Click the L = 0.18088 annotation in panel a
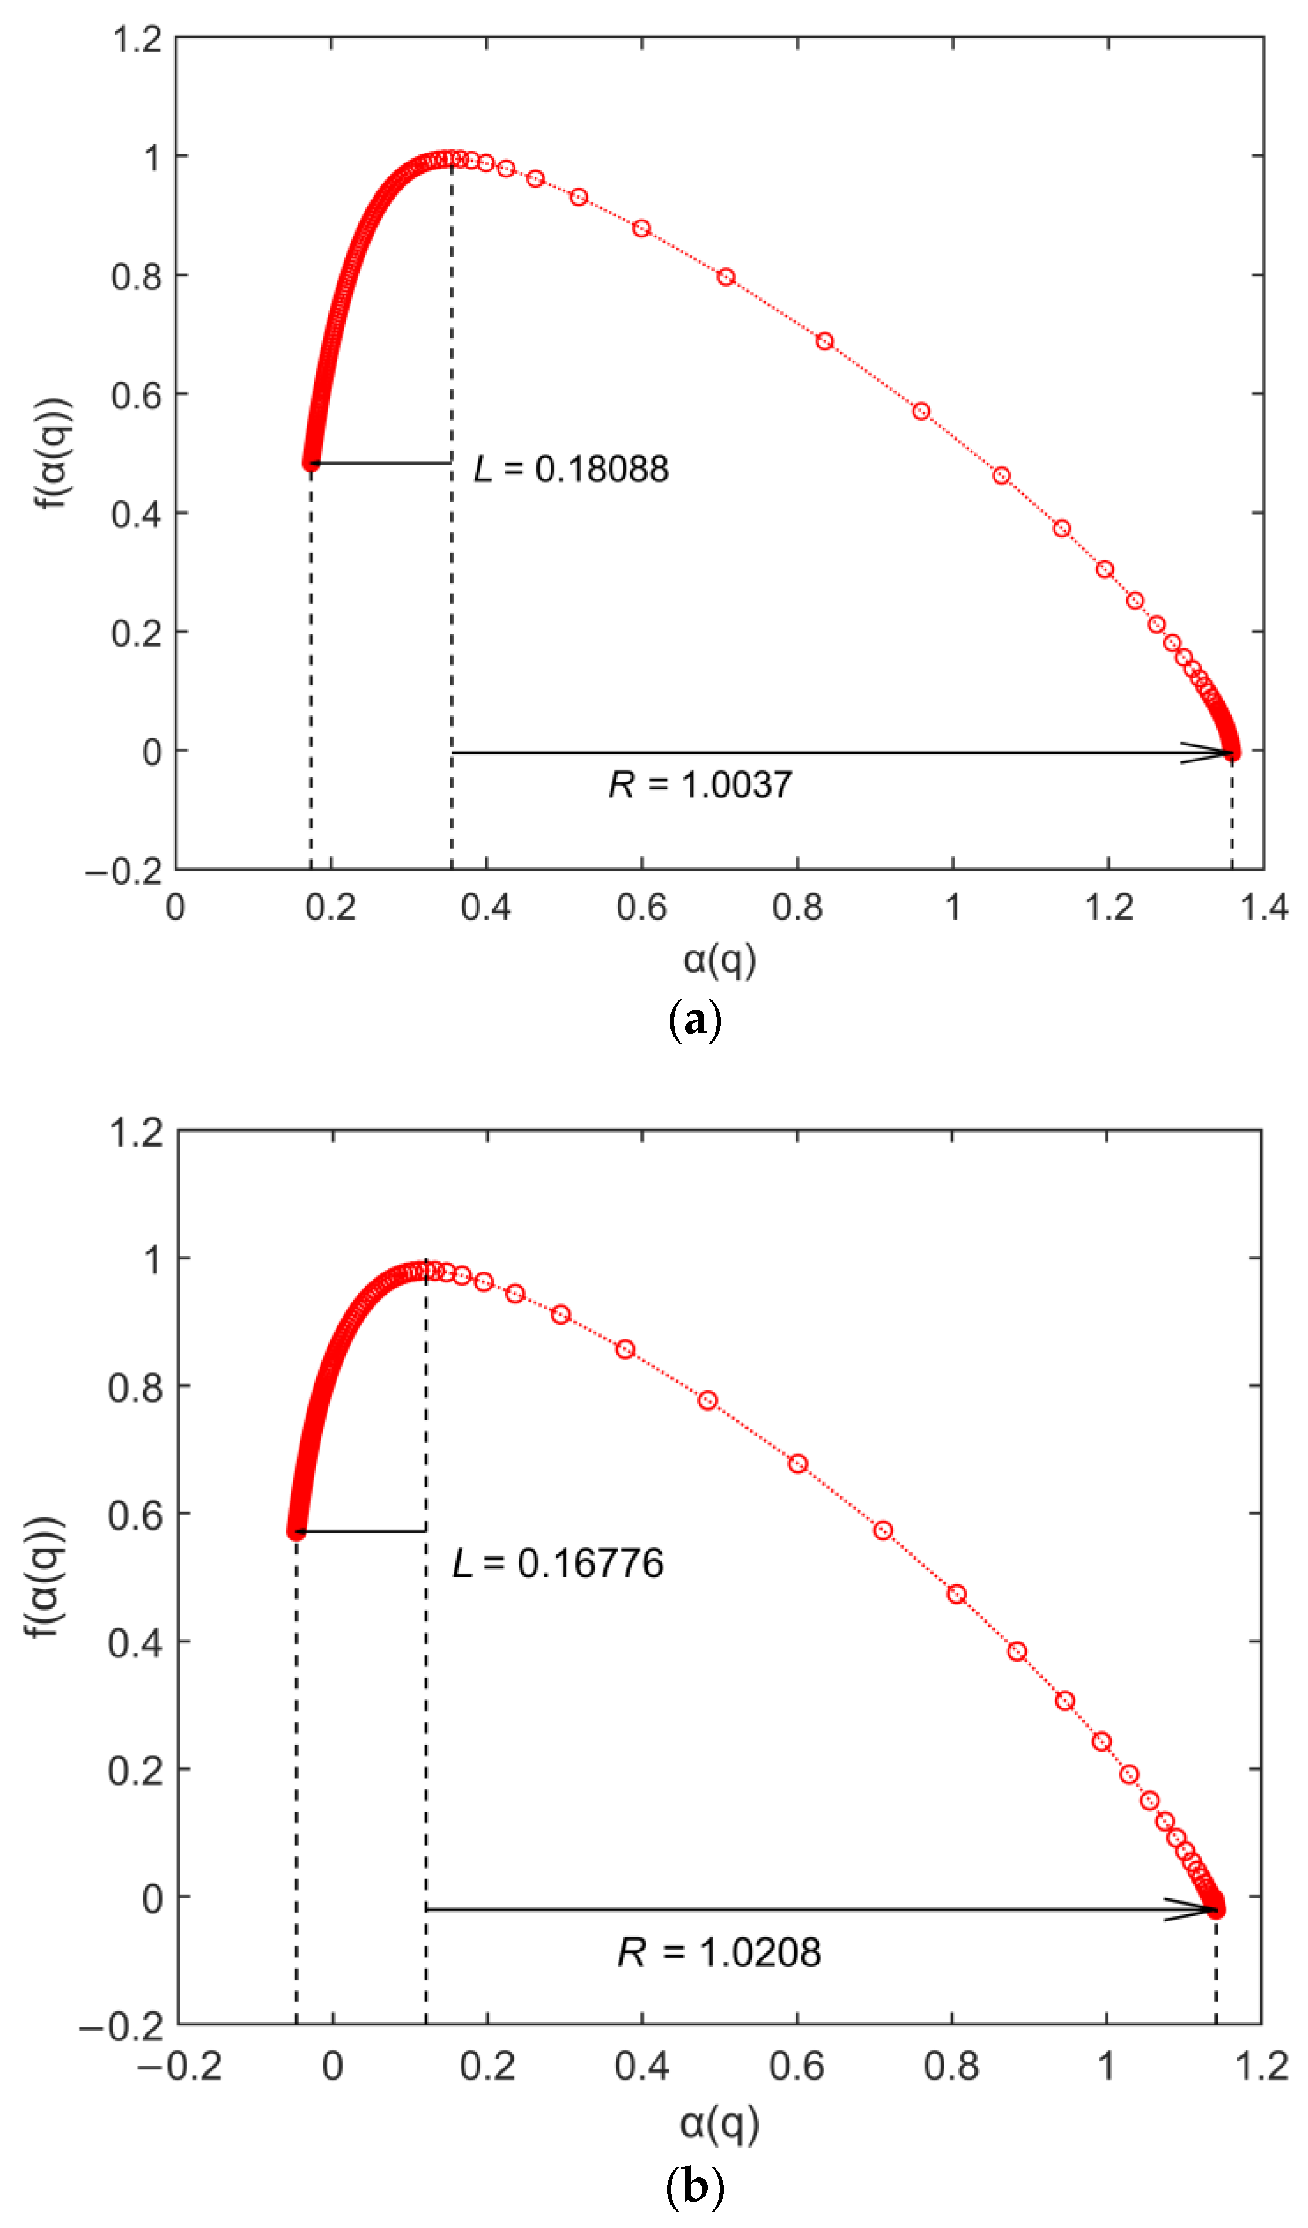tap(571, 469)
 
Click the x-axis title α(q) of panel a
tap(719, 959)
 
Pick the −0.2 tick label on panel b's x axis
tap(180, 2066)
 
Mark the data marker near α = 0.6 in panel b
tap(798, 1463)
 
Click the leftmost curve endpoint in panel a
tap(310, 462)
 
